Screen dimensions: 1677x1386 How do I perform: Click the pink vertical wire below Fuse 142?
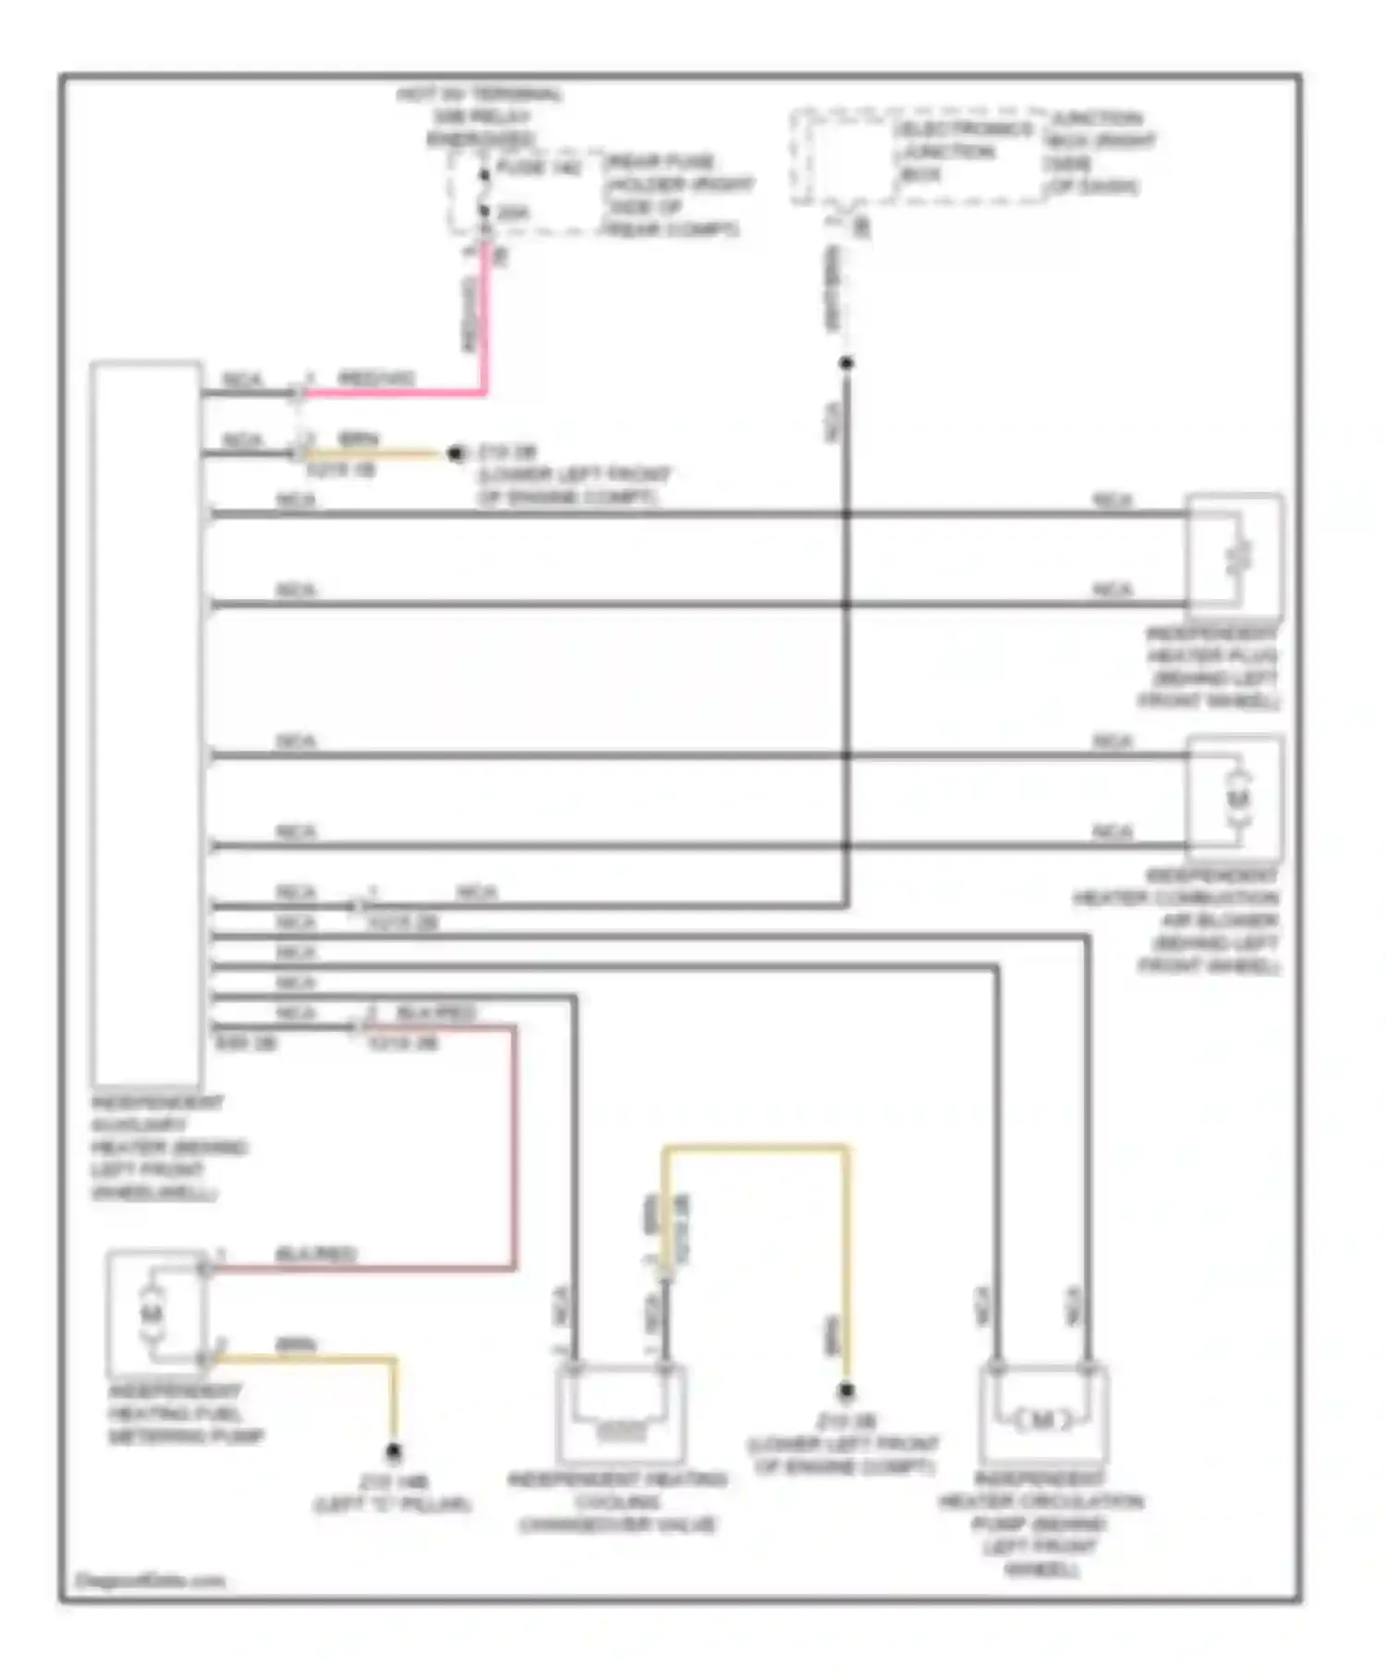pos(483,314)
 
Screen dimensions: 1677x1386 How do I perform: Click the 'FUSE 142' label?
pos(539,167)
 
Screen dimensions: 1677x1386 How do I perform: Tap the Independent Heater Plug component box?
pos(1234,555)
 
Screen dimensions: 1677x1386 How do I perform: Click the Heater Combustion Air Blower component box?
pos(1234,797)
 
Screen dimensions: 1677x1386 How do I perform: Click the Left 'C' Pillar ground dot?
pos(394,1452)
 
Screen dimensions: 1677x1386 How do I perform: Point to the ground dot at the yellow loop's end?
pos(845,1390)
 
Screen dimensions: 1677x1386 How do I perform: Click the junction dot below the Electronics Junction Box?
pos(845,363)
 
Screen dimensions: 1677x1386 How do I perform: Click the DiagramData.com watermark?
pos(150,1581)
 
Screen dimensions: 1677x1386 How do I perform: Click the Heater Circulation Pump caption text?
pos(1040,1524)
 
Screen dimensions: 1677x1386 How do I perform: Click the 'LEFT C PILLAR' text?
pos(394,1505)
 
